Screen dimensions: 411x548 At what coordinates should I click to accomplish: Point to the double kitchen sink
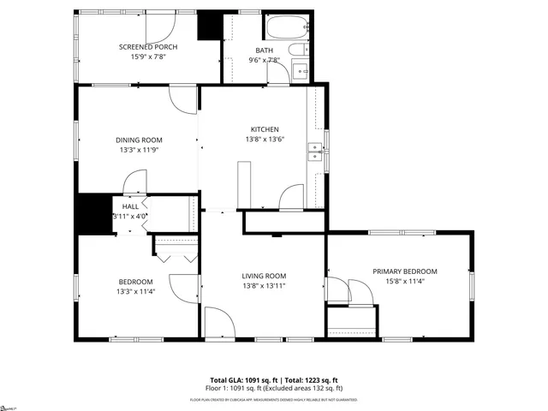click(x=314, y=152)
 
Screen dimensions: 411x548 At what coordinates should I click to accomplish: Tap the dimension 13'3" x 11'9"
click(x=139, y=150)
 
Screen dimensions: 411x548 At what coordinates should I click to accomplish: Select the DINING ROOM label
click(x=139, y=140)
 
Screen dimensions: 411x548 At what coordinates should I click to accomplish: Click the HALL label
click(x=130, y=206)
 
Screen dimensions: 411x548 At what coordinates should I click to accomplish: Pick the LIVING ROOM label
click(x=264, y=275)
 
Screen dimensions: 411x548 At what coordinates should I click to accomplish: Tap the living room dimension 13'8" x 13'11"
click(x=264, y=285)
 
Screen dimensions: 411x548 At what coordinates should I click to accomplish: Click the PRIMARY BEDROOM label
click(x=404, y=271)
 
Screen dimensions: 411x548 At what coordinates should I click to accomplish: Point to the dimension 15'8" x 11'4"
click(x=404, y=281)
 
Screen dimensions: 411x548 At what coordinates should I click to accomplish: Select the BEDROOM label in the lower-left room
click(x=135, y=282)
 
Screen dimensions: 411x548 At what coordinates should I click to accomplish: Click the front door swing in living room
click(x=218, y=324)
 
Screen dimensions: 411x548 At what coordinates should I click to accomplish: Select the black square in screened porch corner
click(x=208, y=27)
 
